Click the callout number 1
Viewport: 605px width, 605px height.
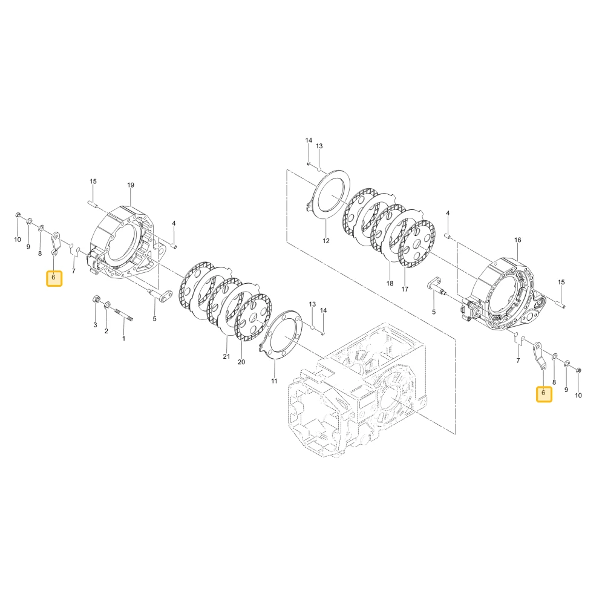coord(123,338)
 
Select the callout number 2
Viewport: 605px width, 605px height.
coord(106,331)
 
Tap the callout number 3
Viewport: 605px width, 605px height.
coord(96,325)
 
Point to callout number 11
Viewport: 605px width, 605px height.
coord(274,381)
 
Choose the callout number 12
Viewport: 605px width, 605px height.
coord(326,241)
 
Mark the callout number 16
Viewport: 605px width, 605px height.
coord(518,240)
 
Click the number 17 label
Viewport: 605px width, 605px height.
coord(405,289)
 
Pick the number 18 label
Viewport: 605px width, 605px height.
coord(390,283)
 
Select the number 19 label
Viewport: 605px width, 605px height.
coord(131,185)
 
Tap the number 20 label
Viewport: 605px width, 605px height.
coord(241,362)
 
